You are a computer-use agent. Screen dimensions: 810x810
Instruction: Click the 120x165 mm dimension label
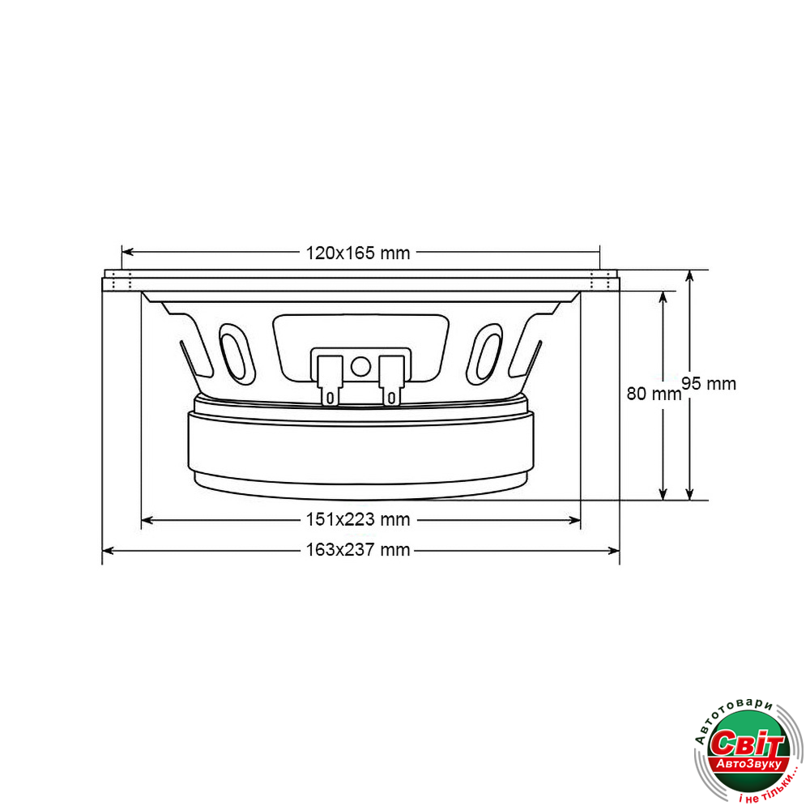click(357, 253)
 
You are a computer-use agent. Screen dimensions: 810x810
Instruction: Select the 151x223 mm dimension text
click(357, 519)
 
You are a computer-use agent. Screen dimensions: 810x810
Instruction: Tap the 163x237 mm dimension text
click(357, 550)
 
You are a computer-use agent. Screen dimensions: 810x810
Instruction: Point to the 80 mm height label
click(654, 394)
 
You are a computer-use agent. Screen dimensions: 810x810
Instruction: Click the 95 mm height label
click(709, 384)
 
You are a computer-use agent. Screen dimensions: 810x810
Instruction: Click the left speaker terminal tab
click(330, 381)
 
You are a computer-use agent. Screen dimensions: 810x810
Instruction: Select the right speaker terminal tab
click(391, 381)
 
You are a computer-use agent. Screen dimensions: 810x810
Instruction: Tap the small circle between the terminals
click(360, 366)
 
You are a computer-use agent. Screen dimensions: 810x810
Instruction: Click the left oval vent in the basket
click(237, 354)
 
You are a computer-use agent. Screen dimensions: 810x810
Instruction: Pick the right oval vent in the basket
click(484, 354)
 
